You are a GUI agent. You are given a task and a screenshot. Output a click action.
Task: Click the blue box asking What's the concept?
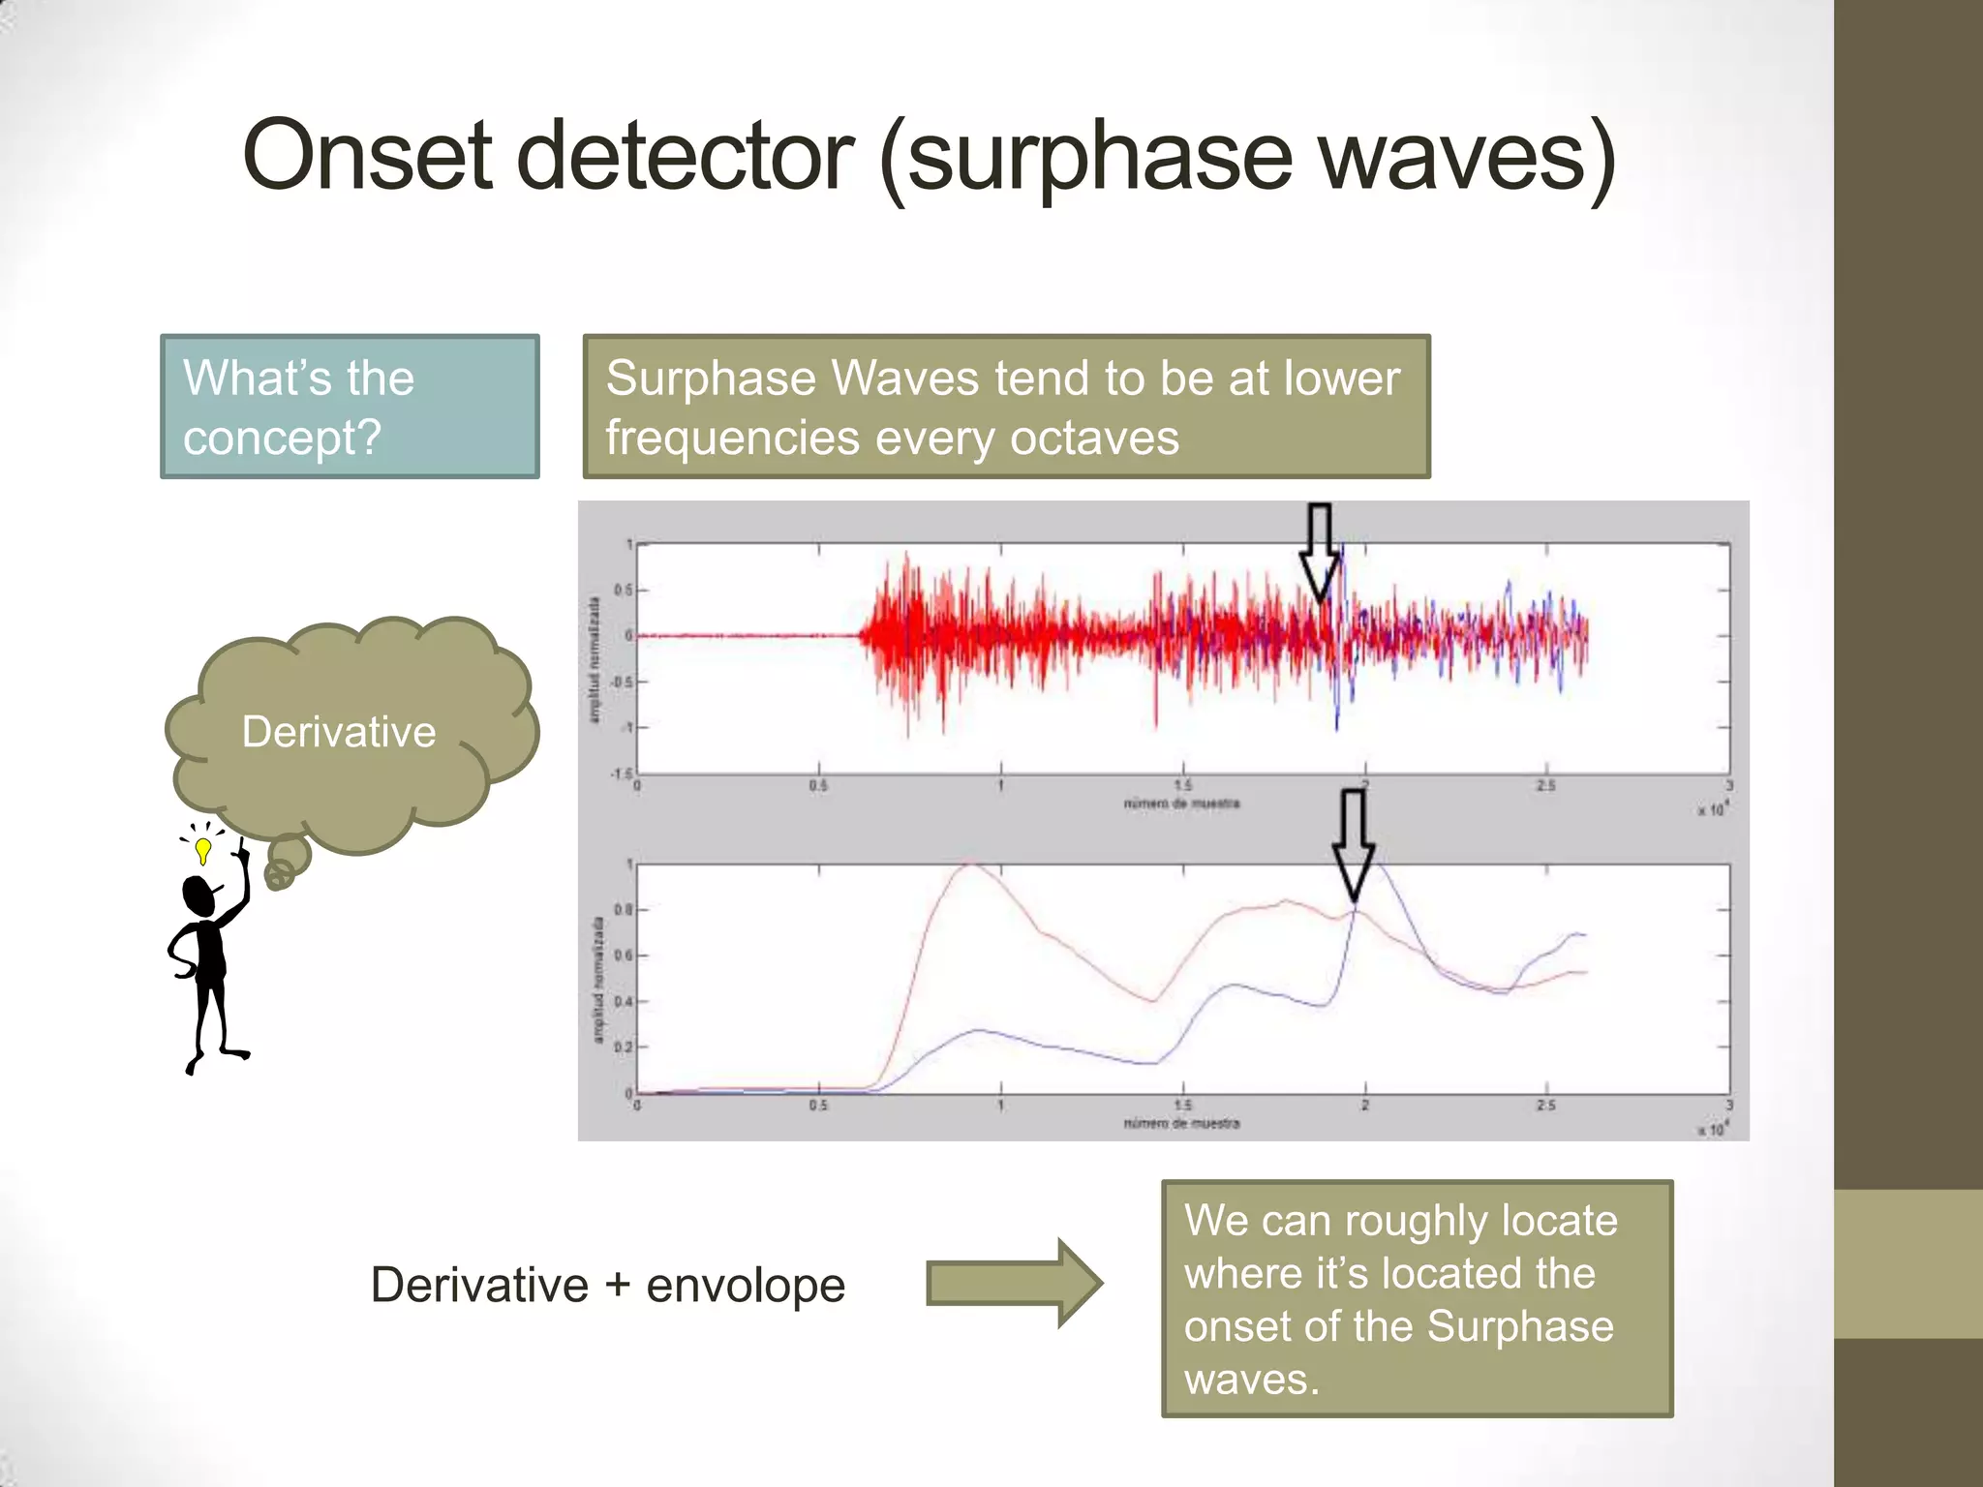(x=350, y=407)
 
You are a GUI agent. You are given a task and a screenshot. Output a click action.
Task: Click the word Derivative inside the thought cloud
(x=339, y=732)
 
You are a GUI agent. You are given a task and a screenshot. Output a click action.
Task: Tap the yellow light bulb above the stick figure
(x=202, y=850)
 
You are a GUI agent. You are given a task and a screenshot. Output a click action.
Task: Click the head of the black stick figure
(x=199, y=895)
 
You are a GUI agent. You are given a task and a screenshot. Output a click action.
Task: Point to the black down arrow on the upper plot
(x=1319, y=552)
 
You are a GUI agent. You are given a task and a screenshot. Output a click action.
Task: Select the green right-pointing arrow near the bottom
(x=1013, y=1283)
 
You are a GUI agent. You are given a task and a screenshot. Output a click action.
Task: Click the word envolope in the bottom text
(x=746, y=1286)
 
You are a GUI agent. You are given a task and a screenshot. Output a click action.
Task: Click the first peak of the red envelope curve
(x=968, y=865)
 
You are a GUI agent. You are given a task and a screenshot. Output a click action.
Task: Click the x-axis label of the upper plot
(x=1181, y=804)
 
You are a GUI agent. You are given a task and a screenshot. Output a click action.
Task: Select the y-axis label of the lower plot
(x=597, y=980)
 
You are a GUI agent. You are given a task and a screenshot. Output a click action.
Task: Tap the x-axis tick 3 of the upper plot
(x=1728, y=786)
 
